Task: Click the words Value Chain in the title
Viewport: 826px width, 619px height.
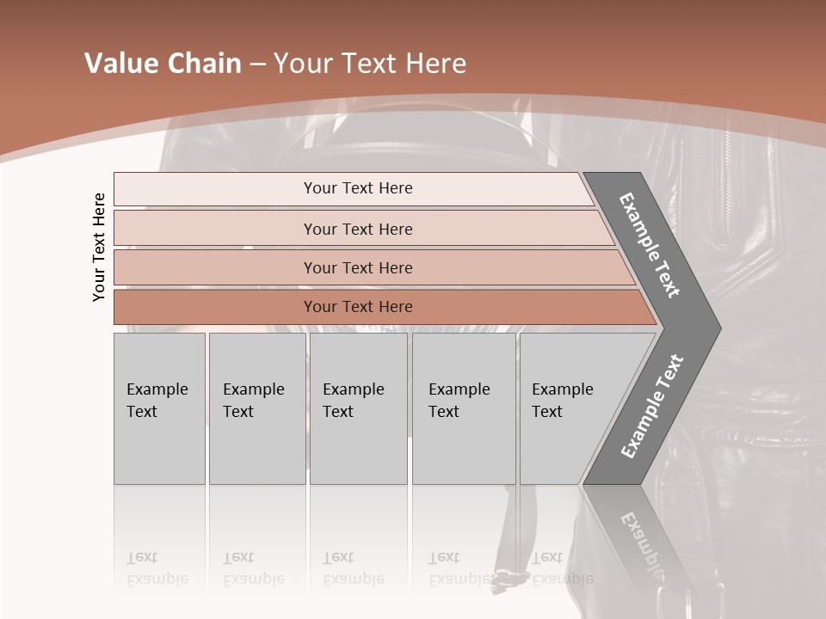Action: point(163,64)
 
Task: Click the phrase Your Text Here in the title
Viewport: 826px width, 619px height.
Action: point(370,64)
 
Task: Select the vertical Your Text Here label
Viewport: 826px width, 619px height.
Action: point(100,247)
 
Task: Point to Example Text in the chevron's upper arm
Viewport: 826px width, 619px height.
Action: point(650,245)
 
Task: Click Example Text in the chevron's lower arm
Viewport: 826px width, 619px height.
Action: point(652,406)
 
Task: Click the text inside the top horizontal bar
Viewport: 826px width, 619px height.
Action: point(358,188)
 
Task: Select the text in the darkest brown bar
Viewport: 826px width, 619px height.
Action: point(358,307)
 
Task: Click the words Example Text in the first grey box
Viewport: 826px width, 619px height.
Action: point(157,401)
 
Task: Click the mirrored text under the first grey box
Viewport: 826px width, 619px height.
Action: point(157,568)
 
